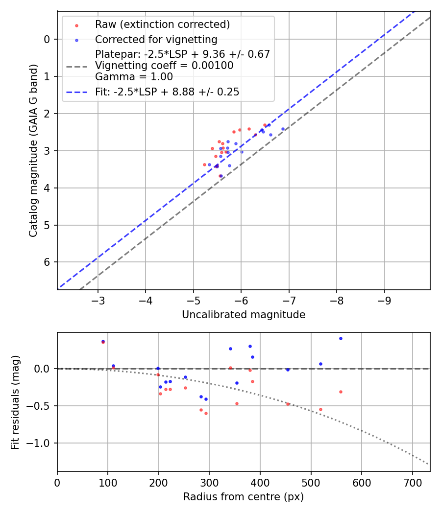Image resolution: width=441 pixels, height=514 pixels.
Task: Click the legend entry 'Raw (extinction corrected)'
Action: click(x=162, y=24)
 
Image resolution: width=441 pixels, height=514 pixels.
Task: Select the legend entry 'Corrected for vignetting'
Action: click(x=156, y=39)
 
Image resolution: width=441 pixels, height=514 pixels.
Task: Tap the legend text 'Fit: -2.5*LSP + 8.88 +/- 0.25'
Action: click(x=167, y=92)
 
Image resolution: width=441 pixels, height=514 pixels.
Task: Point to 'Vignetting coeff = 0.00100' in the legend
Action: click(x=164, y=66)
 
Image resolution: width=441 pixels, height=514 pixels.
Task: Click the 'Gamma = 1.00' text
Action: click(x=134, y=76)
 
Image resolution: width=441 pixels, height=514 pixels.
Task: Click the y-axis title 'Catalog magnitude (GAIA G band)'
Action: click(x=33, y=150)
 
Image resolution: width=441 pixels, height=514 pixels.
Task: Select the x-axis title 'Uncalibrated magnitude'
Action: click(x=244, y=315)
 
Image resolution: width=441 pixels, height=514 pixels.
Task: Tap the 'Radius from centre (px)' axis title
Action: click(x=244, y=497)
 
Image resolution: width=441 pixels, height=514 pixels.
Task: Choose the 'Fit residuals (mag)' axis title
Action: click(x=15, y=402)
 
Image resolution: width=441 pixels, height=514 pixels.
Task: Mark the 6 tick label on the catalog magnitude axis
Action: click(x=47, y=262)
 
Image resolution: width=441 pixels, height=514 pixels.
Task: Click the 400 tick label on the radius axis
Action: click(x=260, y=482)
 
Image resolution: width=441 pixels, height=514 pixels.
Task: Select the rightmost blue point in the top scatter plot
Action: click(x=283, y=129)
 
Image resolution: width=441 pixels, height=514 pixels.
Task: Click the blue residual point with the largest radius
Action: click(x=341, y=338)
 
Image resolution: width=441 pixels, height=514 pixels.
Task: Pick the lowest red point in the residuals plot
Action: click(x=206, y=413)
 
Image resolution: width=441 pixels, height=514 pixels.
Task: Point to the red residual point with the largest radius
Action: click(x=341, y=392)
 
